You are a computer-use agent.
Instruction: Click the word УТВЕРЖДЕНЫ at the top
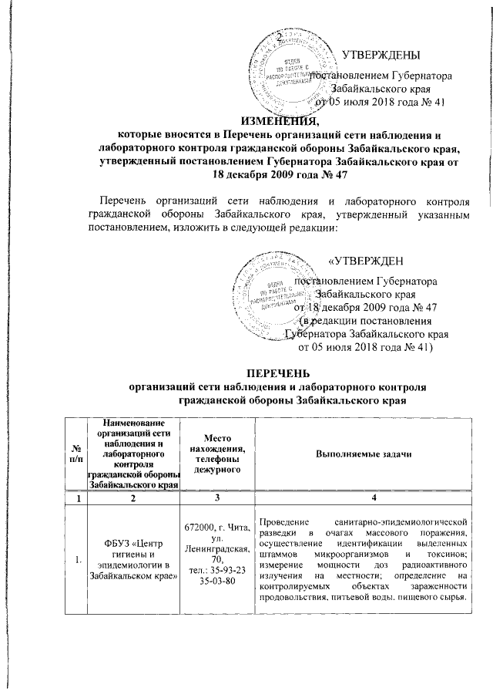tap(381, 56)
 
